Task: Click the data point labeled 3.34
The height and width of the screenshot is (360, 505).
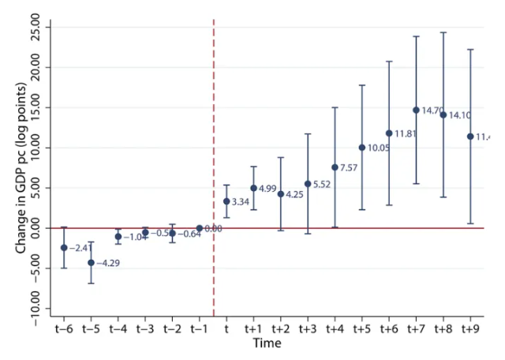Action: click(x=226, y=201)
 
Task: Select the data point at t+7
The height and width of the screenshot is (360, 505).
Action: click(x=416, y=111)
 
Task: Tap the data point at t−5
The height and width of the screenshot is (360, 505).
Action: click(x=91, y=263)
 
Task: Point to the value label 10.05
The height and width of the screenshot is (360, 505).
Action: click(x=380, y=148)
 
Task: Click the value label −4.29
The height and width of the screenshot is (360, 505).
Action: click(x=109, y=263)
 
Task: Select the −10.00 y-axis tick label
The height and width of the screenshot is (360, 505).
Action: click(x=36, y=308)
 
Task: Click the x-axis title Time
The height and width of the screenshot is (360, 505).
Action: click(x=267, y=343)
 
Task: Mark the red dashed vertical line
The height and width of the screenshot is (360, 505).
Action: click(x=213, y=118)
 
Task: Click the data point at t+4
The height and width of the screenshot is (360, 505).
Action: click(x=335, y=167)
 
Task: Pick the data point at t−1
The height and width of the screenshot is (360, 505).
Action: click(x=200, y=228)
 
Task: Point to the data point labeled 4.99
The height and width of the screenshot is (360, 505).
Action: click(x=253, y=188)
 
